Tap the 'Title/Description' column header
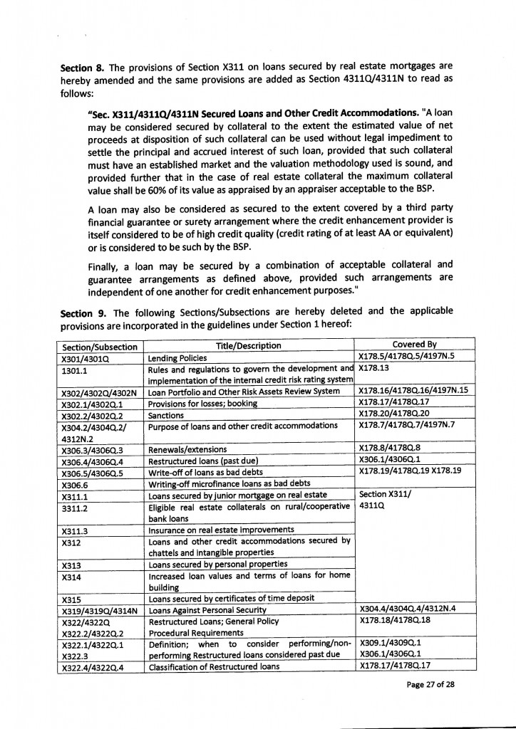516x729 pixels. tap(248, 346)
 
